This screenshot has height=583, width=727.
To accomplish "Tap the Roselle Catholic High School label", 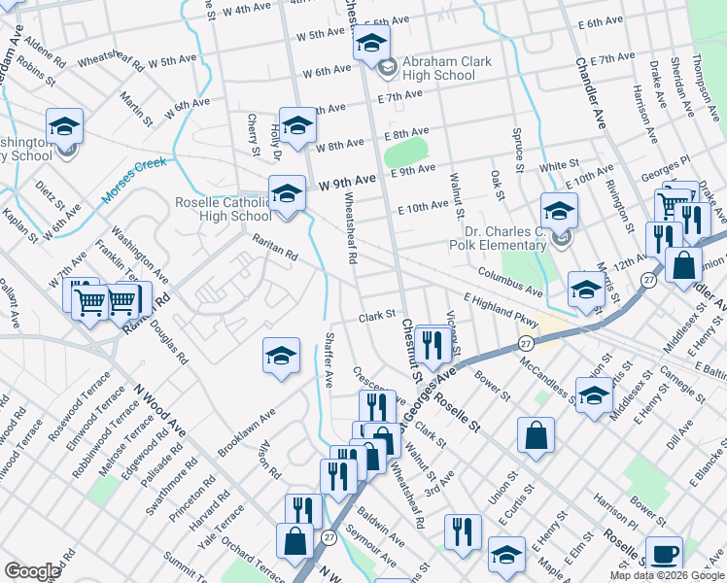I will click(x=222, y=209).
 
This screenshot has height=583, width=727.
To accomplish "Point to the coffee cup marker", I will click(x=664, y=553).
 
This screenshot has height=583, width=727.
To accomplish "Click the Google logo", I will click(x=32, y=571).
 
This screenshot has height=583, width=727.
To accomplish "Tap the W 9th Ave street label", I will click(x=347, y=182).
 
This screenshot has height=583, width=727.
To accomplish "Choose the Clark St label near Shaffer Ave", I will click(x=377, y=316).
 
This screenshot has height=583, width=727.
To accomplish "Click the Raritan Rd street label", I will click(x=275, y=250).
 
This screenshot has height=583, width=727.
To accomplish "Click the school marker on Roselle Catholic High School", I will click(x=287, y=193).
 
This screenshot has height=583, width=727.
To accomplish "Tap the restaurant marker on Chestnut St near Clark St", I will click(x=429, y=343).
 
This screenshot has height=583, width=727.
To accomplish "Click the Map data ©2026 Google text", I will click(x=666, y=575).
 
